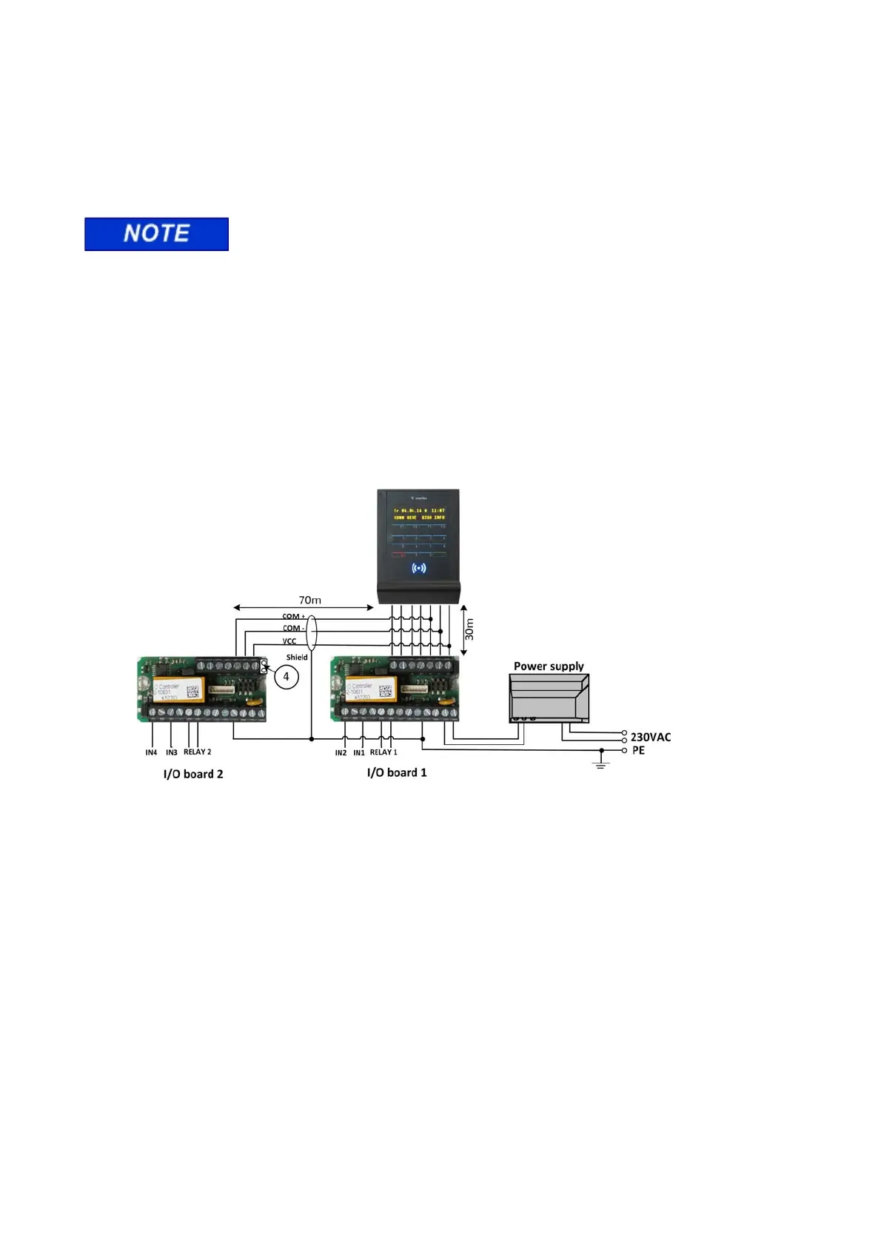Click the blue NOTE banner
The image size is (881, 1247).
click(156, 234)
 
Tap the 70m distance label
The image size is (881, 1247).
click(309, 600)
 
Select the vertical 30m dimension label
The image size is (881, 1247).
click(469, 629)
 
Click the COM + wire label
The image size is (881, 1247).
click(293, 616)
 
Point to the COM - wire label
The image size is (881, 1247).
click(293, 628)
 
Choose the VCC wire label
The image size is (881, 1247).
click(289, 641)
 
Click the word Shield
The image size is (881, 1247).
click(297, 657)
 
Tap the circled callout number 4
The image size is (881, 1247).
click(287, 677)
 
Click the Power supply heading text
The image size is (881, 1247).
click(549, 666)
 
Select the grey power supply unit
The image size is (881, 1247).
click(549, 698)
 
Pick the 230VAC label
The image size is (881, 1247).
click(651, 737)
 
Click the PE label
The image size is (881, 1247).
click(638, 750)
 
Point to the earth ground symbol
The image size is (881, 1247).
click(601, 762)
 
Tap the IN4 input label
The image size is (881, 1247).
click(151, 752)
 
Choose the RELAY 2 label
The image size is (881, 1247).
click(197, 752)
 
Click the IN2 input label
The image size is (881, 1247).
click(341, 752)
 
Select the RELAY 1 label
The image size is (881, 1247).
click(383, 752)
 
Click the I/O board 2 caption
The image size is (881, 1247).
click(193, 774)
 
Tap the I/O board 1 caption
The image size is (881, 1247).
click(397, 772)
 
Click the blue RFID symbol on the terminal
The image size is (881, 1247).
click(418, 568)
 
